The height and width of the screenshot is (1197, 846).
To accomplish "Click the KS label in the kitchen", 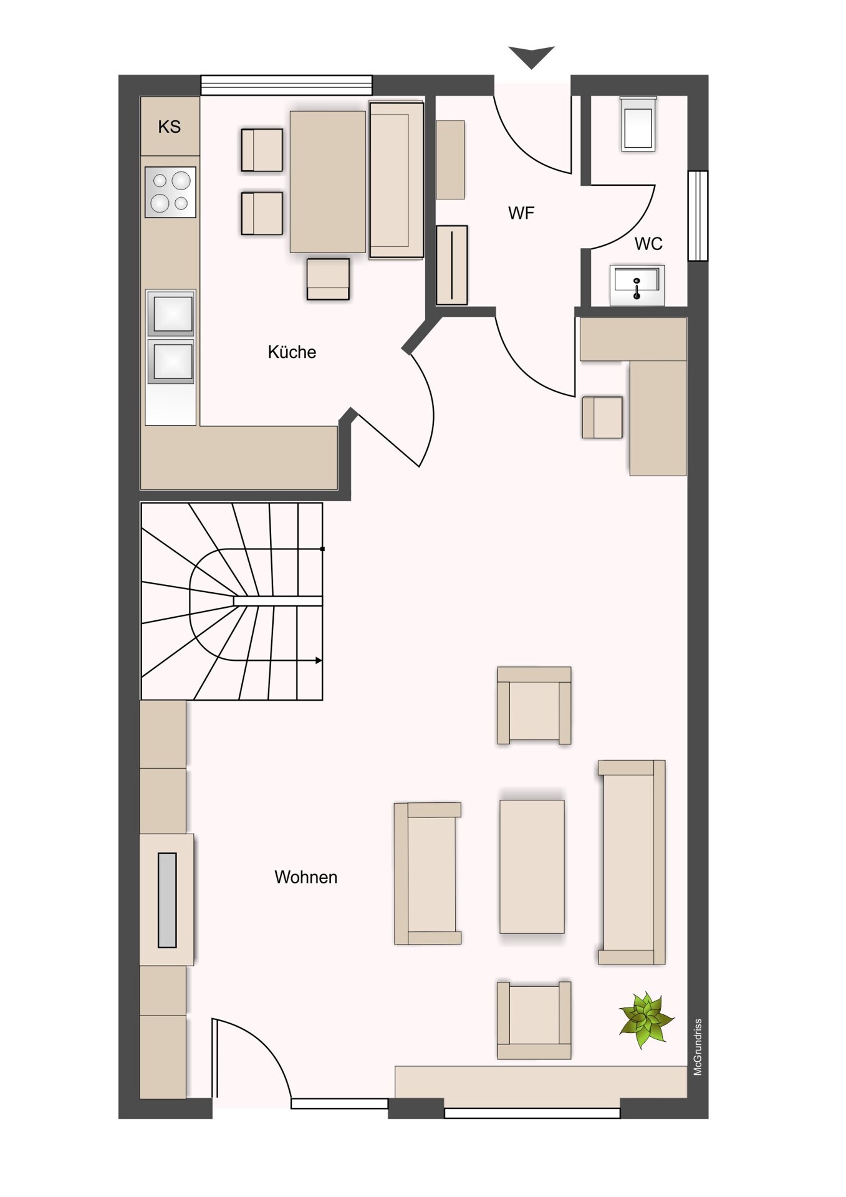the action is click(x=170, y=127).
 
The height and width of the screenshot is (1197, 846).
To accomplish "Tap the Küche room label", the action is click(x=292, y=352).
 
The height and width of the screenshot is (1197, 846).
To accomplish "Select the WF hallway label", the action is click(x=521, y=213).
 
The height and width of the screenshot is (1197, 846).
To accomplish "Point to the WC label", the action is click(x=648, y=244).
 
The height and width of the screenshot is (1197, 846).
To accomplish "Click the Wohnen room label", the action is click(x=305, y=877).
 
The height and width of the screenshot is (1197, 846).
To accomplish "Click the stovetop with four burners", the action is click(x=170, y=192).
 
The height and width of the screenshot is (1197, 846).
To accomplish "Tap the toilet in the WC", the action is click(x=638, y=124).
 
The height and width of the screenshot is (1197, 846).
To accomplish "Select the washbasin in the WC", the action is click(x=637, y=286).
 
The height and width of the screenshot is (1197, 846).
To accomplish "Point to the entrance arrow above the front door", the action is click(x=531, y=57).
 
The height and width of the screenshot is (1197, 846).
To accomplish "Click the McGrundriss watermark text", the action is click(x=698, y=1047).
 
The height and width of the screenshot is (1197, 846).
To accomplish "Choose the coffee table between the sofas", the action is click(x=532, y=867).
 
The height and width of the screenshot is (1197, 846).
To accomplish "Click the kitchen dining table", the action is click(x=328, y=182).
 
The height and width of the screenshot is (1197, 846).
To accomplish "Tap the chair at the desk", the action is click(x=602, y=417).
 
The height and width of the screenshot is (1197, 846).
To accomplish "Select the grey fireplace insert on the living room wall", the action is click(x=167, y=900).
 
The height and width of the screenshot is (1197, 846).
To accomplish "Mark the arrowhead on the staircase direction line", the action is click(x=319, y=660).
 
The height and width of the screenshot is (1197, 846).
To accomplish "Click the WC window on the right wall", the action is click(x=698, y=216).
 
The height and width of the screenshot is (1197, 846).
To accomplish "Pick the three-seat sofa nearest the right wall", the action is click(x=632, y=862).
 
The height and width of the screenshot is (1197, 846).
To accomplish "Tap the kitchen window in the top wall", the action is click(x=286, y=85).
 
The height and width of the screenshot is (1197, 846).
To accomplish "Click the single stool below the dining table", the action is click(x=328, y=279).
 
